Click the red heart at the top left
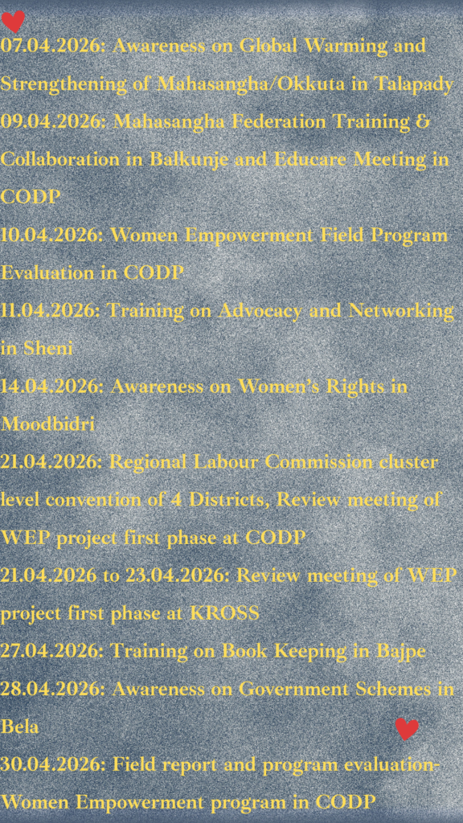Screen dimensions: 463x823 coord(13,21)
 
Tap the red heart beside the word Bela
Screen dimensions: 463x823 coord(407,729)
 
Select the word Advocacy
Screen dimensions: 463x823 coord(260,312)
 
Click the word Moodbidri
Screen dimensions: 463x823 coord(47,424)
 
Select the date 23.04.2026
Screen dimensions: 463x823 coord(178,575)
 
